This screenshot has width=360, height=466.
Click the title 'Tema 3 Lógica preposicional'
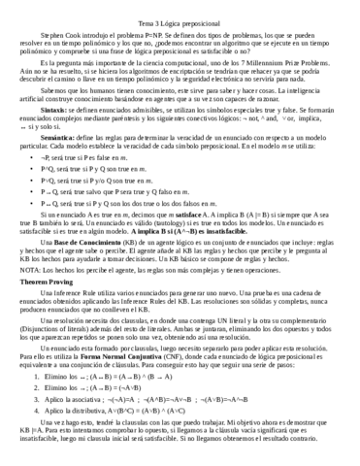[x=180, y=7]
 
